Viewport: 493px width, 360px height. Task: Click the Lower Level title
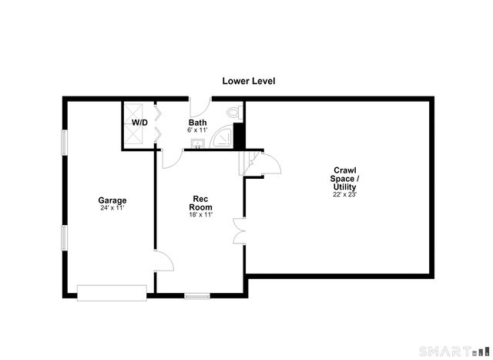[249, 81]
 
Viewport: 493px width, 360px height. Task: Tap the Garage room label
[112, 200]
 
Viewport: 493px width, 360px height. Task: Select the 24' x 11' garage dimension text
[112, 207]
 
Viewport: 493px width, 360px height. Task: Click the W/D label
[139, 123]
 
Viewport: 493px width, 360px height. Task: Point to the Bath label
[197, 123]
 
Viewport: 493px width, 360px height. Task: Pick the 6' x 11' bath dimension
[198, 130]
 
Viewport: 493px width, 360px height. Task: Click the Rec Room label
[200, 203]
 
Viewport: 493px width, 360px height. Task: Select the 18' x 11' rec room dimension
[200, 214]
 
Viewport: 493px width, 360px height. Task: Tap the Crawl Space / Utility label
[345, 178]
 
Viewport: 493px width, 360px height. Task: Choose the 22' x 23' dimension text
[345, 194]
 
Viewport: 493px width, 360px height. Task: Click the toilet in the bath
[234, 113]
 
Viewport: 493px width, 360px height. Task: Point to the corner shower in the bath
[222, 138]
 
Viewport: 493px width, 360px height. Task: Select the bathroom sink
[198, 143]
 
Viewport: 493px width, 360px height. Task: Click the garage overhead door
[112, 293]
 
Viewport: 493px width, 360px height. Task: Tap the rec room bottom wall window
[197, 296]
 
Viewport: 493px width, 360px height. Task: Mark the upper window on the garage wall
[64, 143]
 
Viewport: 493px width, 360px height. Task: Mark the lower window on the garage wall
[64, 237]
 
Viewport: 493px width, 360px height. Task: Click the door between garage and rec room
[163, 261]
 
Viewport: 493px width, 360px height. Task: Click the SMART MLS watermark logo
[454, 351]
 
